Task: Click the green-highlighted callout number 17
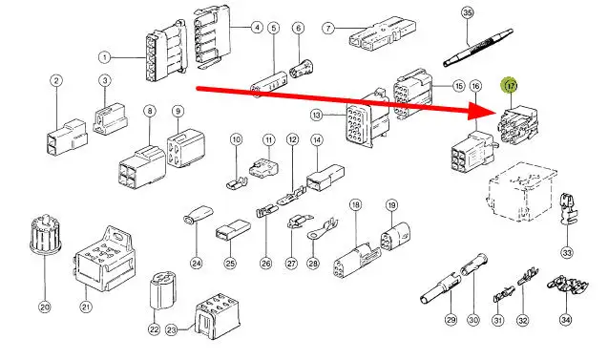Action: coord(511,85)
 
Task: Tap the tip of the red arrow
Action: coord(497,113)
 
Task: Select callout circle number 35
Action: coord(468,12)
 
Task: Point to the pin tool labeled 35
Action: coord(478,48)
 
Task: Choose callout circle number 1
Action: coord(104,58)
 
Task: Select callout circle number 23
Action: coord(172,330)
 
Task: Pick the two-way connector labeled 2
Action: coord(67,138)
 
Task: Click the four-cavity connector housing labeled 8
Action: coord(142,167)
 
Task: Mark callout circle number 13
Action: coord(317,116)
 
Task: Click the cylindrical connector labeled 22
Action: coord(162,290)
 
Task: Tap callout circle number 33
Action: coord(567,253)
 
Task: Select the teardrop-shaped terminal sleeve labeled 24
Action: coord(198,215)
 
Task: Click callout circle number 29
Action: coord(451,320)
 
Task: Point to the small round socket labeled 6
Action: coord(302,68)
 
